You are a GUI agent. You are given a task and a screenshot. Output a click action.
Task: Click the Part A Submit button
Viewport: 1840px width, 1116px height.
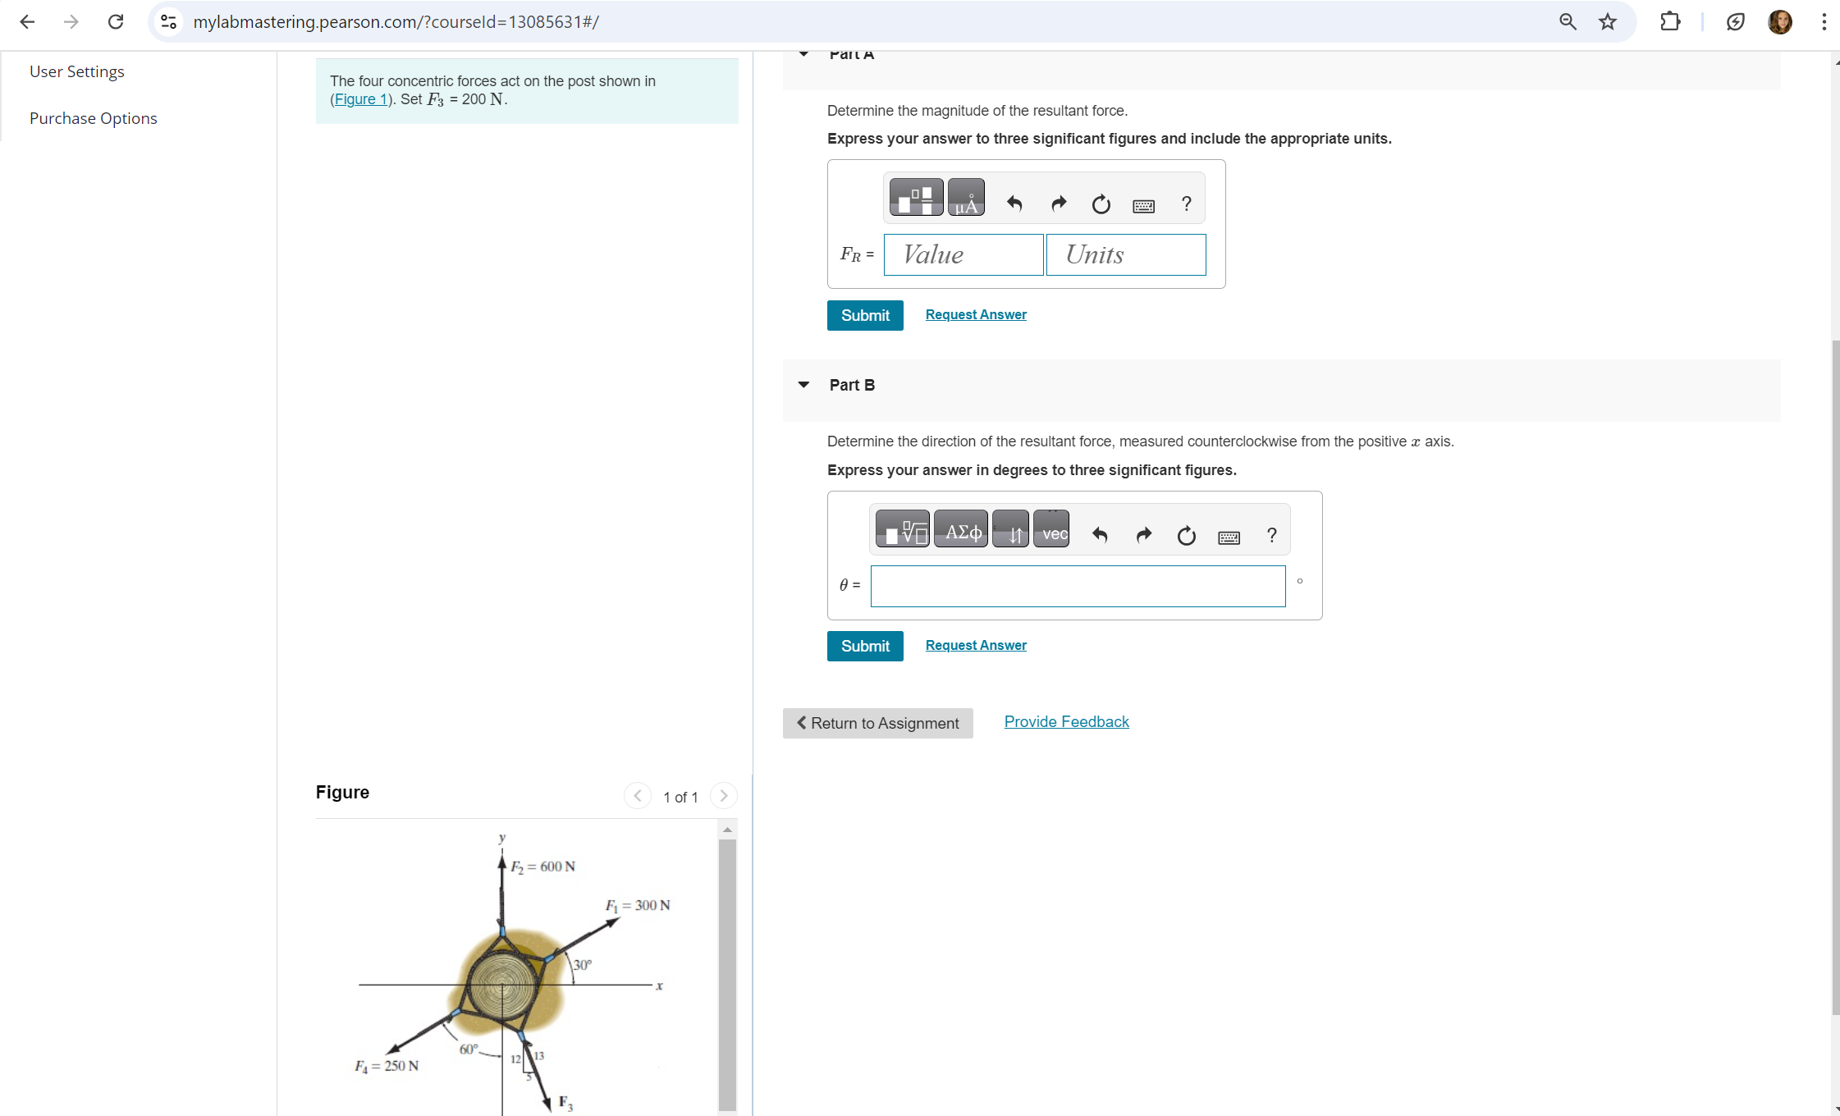[864, 315]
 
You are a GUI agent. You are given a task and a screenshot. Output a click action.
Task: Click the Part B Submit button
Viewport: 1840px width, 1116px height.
[864, 646]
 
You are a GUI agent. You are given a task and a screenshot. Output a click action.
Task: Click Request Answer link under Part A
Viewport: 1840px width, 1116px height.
[975, 314]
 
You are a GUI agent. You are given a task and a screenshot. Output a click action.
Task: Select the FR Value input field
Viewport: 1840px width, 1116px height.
[963, 254]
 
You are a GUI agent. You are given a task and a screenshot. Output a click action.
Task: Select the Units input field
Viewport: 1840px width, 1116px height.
[1125, 254]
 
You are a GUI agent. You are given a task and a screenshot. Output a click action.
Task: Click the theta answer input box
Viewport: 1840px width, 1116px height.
[1077, 586]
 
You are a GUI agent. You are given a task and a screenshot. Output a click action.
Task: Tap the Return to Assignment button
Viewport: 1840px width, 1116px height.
[877, 723]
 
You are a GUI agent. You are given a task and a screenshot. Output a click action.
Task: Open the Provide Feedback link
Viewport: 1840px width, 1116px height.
[1066, 721]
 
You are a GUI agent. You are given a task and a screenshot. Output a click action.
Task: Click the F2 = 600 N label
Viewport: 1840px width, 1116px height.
[542, 867]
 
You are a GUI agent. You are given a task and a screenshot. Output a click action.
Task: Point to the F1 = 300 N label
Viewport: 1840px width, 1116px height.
[638, 905]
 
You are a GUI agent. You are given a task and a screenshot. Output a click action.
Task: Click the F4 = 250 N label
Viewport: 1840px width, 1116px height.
[387, 1066]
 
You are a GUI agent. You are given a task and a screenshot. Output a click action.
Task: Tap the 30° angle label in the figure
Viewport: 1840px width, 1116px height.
[582, 965]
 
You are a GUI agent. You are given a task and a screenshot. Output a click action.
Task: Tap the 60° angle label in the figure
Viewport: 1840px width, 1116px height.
[469, 1049]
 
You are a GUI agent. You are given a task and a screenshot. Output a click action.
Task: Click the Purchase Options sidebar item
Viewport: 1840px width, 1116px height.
[93, 118]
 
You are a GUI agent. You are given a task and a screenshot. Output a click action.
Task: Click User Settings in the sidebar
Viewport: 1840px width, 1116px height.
[76, 71]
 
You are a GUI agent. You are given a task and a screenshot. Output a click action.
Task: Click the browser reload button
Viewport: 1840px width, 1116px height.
[116, 21]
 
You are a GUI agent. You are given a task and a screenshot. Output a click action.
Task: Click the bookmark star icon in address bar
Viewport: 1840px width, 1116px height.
[1607, 21]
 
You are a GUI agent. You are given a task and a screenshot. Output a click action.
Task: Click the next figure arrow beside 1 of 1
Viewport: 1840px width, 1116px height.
[723, 796]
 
